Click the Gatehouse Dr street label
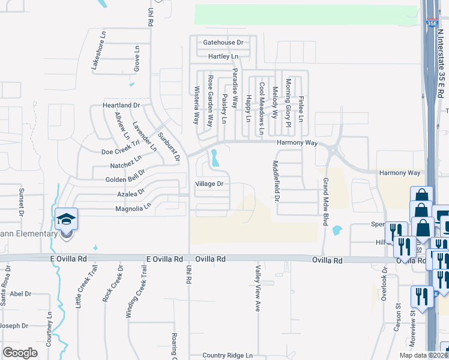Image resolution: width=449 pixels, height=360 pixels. click(223, 43)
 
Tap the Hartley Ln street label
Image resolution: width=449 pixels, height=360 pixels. click(223, 56)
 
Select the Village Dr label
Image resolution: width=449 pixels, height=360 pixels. click(209, 184)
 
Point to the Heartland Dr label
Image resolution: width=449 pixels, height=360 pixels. click(121, 105)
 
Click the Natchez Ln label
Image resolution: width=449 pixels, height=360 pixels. click(126, 161)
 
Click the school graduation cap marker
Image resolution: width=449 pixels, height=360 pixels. click(67, 220)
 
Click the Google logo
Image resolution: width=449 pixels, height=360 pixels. click(20, 353)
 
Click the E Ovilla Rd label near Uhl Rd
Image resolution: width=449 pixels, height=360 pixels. click(165, 259)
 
